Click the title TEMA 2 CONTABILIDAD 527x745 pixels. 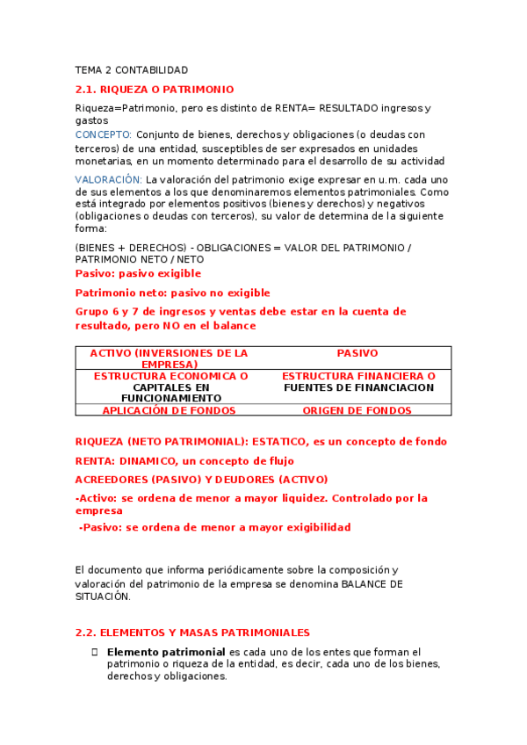coord(132,69)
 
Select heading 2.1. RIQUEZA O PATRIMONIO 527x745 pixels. coord(155,90)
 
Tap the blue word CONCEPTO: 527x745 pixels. coord(104,134)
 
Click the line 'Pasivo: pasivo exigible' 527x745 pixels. coord(138,273)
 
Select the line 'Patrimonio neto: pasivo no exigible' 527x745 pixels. coord(173,293)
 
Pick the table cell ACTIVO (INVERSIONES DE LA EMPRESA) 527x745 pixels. coord(170,358)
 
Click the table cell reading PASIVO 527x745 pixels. coord(357,353)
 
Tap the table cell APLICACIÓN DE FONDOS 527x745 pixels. coord(170,410)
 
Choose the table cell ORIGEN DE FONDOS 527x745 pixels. coord(357,410)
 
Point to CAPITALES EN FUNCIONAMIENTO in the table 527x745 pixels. coord(170,392)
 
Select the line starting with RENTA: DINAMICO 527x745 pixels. coord(184,460)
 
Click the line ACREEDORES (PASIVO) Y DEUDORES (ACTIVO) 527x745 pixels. coord(202,480)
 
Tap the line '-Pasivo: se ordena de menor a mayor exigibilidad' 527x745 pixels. coord(214,527)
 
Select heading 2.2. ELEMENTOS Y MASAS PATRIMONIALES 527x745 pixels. coord(192,633)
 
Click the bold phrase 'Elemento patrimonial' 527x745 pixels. coord(166,652)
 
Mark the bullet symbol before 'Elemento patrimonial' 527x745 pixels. coord(95,652)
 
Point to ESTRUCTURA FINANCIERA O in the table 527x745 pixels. coord(358,376)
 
